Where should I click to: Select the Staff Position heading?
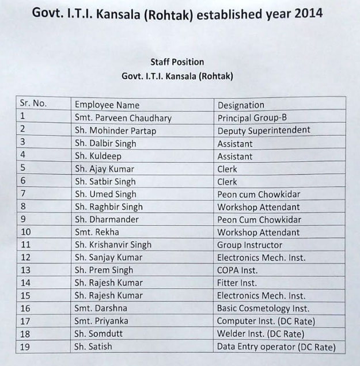(177, 62)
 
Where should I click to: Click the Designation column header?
(241, 105)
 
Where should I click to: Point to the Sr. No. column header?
(33, 104)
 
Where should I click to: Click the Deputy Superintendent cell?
(264, 131)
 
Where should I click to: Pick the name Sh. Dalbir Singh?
(105, 143)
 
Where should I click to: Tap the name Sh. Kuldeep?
(97, 156)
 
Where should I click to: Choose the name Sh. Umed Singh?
(105, 195)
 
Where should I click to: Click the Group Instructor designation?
(250, 245)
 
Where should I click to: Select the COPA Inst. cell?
(237, 270)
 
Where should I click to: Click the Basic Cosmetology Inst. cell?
(263, 308)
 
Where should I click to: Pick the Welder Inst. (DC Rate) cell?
(260, 334)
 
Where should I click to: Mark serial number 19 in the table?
(25, 346)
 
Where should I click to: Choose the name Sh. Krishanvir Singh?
(113, 245)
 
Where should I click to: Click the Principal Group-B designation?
(252, 118)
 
